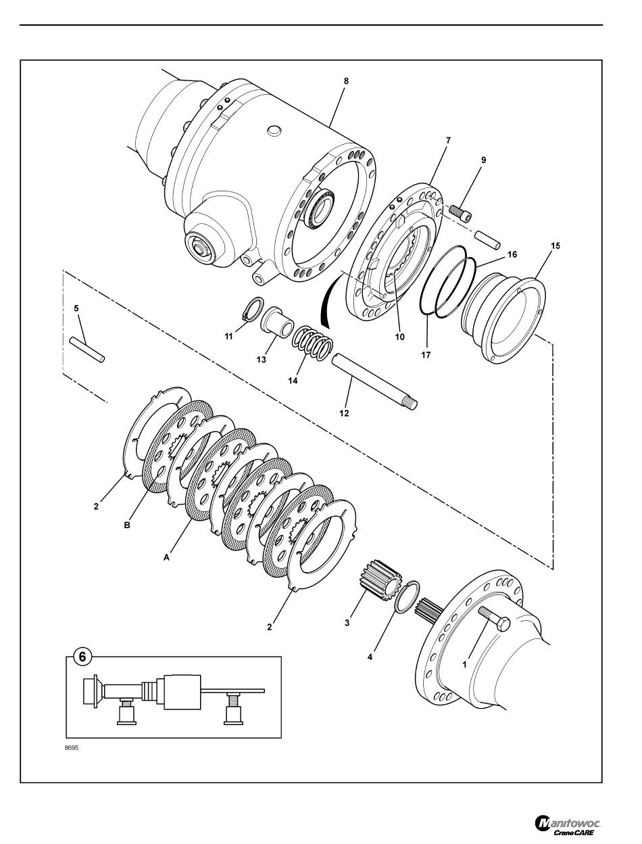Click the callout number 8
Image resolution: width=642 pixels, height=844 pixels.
tap(346, 81)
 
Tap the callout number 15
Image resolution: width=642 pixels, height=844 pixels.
tap(555, 245)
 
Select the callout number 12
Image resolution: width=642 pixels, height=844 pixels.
tap(344, 413)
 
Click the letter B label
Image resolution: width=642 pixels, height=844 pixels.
tap(127, 525)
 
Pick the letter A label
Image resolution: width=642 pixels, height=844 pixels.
tap(166, 557)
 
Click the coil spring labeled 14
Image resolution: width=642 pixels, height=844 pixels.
tap(312, 343)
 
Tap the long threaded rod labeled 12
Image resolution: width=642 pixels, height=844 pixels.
tap(374, 382)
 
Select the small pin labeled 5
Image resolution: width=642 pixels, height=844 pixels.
tap(87, 350)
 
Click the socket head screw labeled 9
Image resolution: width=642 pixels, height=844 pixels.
tap(461, 212)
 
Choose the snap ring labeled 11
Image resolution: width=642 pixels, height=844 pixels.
tap(253, 308)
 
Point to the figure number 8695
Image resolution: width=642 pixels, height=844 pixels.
tap(72, 748)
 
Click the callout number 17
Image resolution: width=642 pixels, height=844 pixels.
tap(426, 355)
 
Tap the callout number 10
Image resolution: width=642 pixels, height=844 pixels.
tap(399, 337)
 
